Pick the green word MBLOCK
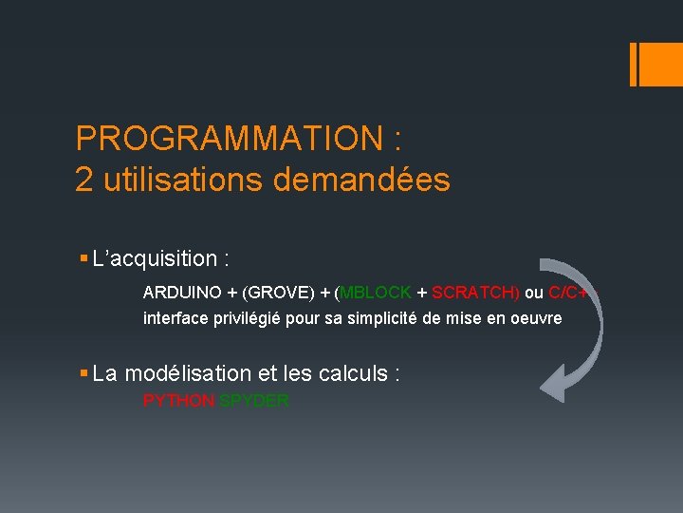coord(375,293)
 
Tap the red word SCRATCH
coord(473,293)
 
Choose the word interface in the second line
coord(175,318)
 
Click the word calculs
coord(350,374)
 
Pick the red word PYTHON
coord(178,401)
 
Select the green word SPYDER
coord(254,401)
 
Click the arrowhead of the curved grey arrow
coord(558,386)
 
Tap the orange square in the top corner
coord(655,64)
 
